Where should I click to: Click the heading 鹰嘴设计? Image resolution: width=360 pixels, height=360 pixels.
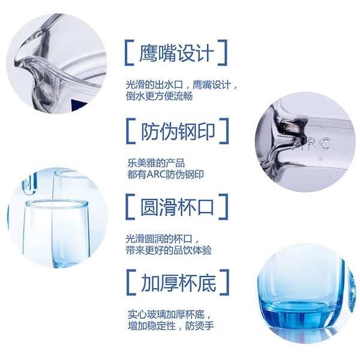point(176,53)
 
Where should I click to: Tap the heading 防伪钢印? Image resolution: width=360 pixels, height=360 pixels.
point(178,131)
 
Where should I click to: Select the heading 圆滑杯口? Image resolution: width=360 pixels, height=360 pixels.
point(177,206)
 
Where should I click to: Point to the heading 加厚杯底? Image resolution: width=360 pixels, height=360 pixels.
point(178,283)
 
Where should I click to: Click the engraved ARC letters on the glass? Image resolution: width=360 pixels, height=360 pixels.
point(311,144)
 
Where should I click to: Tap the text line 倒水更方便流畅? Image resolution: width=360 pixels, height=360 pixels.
point(159,96)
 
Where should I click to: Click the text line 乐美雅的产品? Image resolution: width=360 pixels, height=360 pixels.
point(156,163)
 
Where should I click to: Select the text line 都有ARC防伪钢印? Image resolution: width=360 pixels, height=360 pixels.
point(166,174)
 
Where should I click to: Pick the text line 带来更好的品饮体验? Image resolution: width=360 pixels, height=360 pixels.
point(169,250)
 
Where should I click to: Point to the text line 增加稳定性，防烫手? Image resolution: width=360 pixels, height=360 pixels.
point(171,326)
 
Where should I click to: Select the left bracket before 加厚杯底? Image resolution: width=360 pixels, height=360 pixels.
point(131,283)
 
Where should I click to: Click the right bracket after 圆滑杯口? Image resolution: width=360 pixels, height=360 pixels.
point(223,206)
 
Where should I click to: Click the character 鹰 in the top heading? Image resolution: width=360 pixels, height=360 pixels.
point(148,53)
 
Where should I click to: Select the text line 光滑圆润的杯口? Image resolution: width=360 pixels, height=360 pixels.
point(162,239)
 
